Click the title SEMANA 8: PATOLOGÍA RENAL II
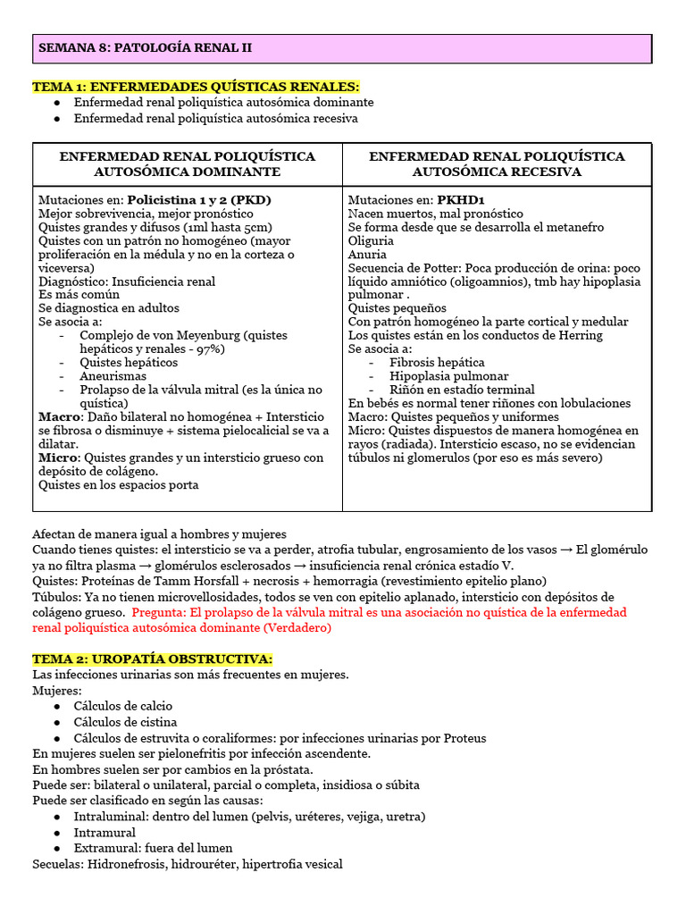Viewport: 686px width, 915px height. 145,48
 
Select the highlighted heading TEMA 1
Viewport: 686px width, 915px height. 197,87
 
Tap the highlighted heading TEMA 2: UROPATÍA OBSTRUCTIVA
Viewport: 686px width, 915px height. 152,659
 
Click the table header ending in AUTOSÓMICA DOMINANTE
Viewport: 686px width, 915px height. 188,164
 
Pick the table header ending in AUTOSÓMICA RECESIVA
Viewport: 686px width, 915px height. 497,164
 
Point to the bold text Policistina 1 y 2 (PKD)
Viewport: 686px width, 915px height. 199,200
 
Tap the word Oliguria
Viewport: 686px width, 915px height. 371,241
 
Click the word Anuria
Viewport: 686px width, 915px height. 367,255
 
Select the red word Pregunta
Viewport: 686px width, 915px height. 160,613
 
